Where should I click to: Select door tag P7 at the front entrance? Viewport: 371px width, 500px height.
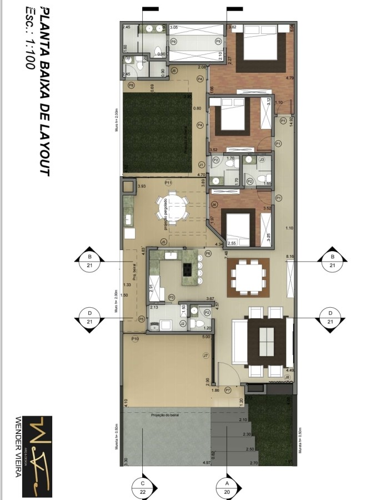point(228,391)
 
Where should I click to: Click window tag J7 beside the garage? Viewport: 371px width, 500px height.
point(205,355)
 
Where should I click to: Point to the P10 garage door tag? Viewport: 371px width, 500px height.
point(135,339)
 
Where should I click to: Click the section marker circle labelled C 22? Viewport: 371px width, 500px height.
point(143,487)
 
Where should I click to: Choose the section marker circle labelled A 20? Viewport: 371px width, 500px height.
point(227,487)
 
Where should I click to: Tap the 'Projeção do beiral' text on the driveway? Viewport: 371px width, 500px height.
point(166,415)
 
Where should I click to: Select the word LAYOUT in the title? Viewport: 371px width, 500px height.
point(45,150)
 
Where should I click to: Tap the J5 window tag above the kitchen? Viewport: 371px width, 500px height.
point(163,242)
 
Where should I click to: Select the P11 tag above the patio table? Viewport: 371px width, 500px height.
point(168,183)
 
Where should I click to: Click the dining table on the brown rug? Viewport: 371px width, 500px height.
point(248,277)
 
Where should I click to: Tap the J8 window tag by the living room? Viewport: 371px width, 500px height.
point(287,378)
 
